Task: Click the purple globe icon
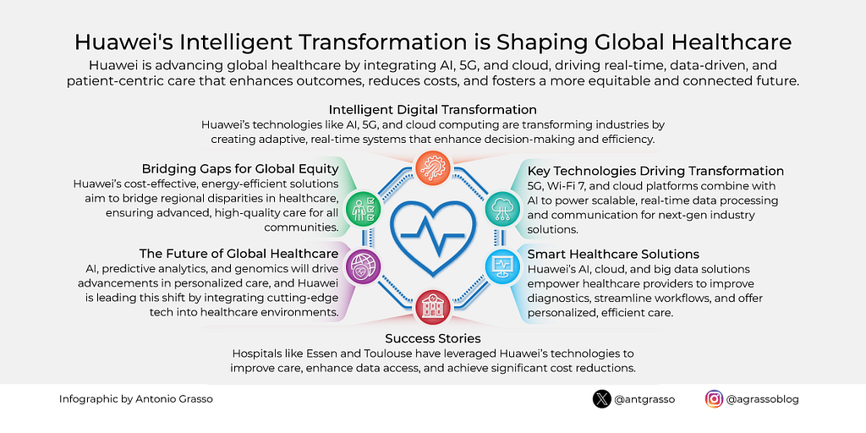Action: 362,266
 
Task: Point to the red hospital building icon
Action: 433,307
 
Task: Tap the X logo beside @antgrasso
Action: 601,399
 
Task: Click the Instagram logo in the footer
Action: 714,399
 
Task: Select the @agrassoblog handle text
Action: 763,399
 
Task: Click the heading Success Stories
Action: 433,338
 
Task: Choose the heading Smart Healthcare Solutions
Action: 614,255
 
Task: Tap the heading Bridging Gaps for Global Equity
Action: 239,168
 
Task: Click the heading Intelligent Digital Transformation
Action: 433,108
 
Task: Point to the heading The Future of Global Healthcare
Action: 238,255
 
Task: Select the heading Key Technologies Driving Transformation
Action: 655,170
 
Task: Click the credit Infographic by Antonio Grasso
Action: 136,399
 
